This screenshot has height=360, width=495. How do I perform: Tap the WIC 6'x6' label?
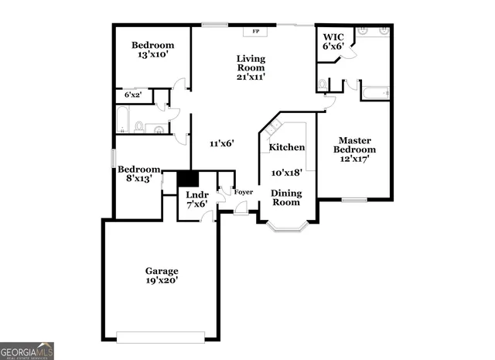tap(333, 41)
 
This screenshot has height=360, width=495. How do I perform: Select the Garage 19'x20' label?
tap(162, 276)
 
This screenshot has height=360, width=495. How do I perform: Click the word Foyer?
tap(243, 192)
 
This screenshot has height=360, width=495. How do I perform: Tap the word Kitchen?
tap(286, 147)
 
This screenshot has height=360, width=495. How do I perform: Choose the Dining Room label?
tap(285, 197)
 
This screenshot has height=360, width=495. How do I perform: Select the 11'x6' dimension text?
tap(221, 143)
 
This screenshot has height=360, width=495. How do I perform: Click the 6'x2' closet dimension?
tap(133, 95)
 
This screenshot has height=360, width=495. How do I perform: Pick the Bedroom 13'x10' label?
tap(152, 50)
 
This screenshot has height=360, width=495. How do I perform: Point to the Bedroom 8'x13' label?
tap(139, 174)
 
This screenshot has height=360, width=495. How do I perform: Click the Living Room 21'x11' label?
tap(251, 67)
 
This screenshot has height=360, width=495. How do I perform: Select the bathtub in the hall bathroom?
tap(123, 120)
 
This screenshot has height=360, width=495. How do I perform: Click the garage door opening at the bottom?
tap(160, 337)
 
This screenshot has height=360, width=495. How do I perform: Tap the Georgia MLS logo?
tap(27, 351)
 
